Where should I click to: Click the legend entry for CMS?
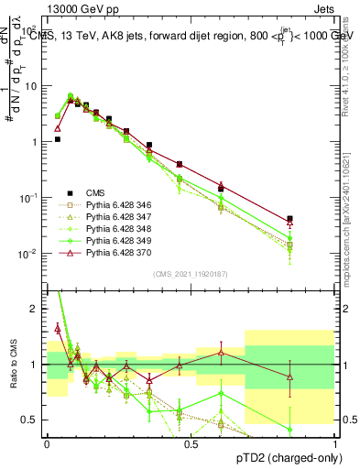(x=96, y=192)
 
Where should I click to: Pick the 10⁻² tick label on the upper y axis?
(x=29, y=254)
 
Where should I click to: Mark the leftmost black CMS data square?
(x=58, y=139)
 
